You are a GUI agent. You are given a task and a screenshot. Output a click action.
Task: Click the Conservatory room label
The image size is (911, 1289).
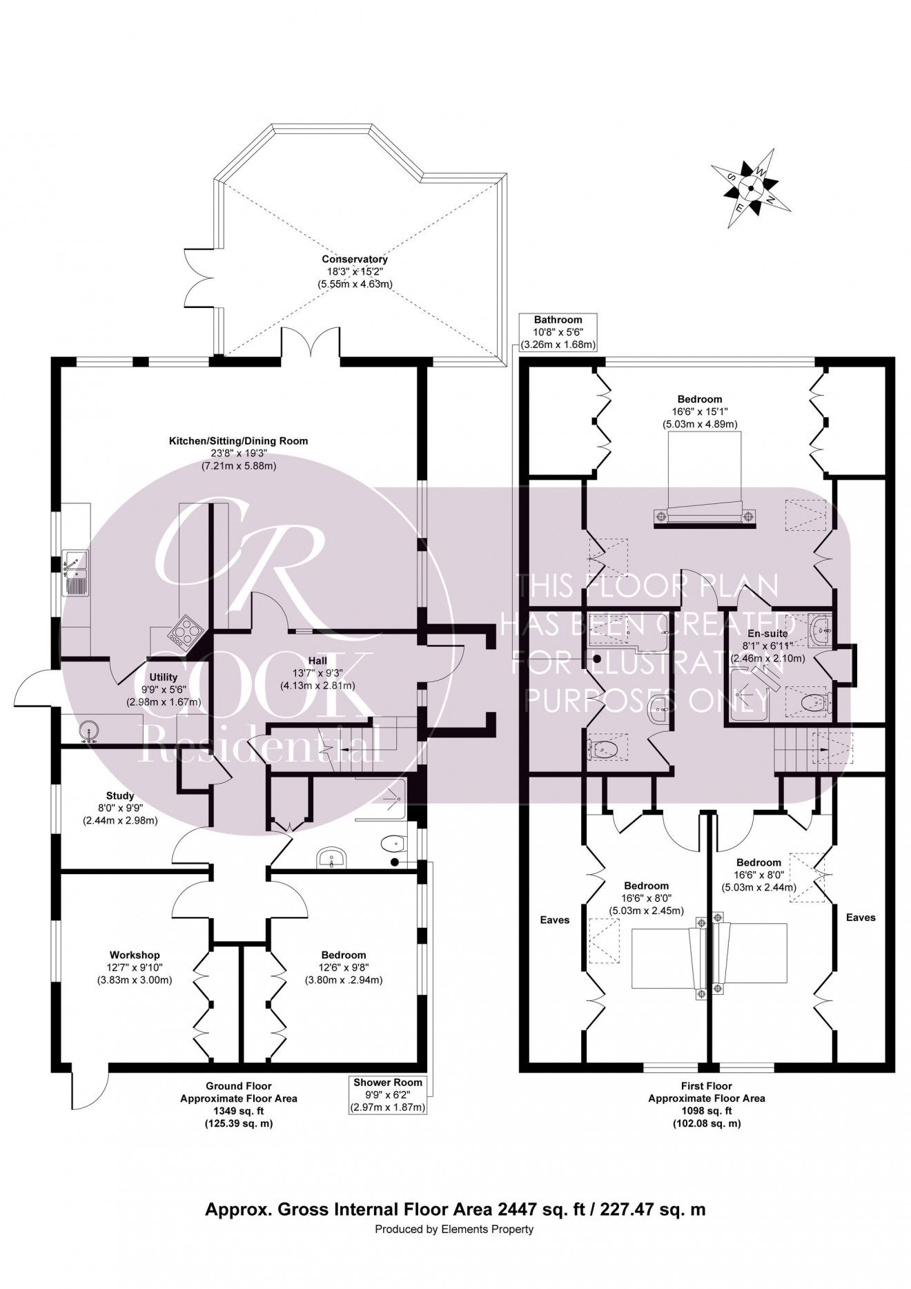coord(355,260)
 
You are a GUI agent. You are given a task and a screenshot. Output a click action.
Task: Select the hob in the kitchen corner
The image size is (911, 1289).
coord(184,630)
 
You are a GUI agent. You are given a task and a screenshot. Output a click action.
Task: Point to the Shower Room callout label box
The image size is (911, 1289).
coord(387,1094)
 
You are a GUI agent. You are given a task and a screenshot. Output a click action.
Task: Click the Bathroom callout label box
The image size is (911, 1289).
coord(558,332)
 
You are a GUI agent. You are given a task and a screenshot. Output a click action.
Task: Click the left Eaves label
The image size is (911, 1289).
coord(555,920)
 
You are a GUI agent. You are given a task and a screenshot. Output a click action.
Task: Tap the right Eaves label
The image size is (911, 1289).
coord(860,918)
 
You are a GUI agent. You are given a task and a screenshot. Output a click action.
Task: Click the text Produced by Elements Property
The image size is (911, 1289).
coord(455,1229)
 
